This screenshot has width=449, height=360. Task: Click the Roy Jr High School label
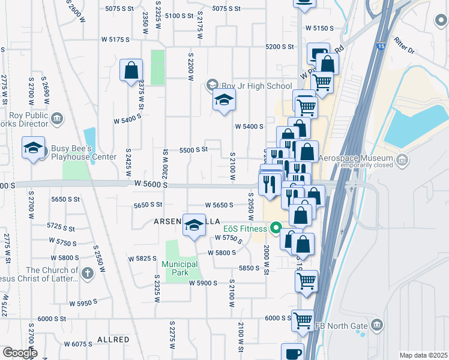257,86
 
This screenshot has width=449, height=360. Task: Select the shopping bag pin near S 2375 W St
131,71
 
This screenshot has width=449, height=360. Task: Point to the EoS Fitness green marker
276,228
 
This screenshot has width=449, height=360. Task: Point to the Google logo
19,353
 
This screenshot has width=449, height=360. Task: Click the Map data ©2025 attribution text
423,355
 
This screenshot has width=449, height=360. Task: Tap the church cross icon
88,274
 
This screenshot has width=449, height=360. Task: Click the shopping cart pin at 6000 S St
303,320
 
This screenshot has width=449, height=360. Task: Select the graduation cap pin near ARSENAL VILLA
194,225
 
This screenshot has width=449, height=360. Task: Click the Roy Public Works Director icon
57,118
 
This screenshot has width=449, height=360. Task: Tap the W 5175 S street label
116,40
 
